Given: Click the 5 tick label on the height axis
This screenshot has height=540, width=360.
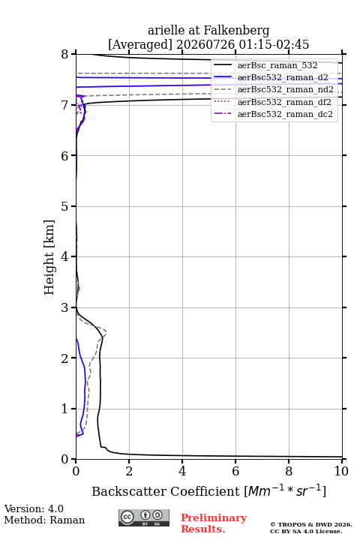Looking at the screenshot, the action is coord(64,206).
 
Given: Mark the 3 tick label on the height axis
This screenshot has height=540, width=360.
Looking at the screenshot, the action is coord(64,307).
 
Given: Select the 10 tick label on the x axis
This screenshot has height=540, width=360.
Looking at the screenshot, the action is coord(341,471).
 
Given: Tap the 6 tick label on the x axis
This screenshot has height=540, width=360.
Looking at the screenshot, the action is coord(235,471).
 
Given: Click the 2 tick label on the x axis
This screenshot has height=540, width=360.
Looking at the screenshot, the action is coord(129,471).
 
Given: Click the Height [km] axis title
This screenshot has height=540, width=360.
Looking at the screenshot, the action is coord(49,257).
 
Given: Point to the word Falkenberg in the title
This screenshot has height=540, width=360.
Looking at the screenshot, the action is coord(235,31).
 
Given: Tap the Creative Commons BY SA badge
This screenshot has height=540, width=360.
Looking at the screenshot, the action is coord(144,517).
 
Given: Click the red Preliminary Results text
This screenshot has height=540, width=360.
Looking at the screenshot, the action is coord(214,523).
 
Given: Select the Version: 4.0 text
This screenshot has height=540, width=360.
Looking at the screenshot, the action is coord(34,508).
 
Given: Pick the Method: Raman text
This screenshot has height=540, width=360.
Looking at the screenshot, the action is coord(44,520).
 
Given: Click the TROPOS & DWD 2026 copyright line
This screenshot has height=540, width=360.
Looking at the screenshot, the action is coord(311,524).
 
